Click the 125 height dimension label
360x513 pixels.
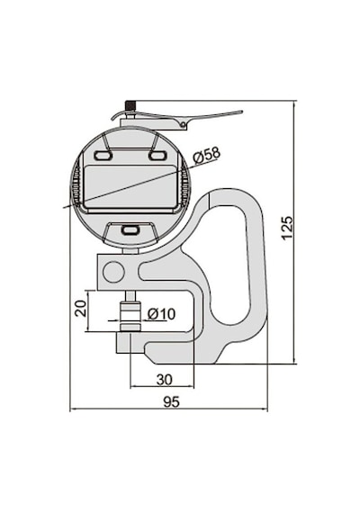(x=287, y=228)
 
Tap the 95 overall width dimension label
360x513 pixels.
(x=172, y=401)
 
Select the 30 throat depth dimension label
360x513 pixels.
(x=165, y=380)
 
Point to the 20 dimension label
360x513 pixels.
(x=81, y=308)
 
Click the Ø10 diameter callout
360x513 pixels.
(x=161, y=314)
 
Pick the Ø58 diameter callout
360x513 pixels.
(x=207, y=155)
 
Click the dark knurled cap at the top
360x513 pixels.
(x=130, y=106)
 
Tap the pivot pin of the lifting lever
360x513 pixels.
(x=184, y=123)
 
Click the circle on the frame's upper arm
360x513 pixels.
(x=114, y=272)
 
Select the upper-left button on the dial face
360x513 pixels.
(x=103, y=156)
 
